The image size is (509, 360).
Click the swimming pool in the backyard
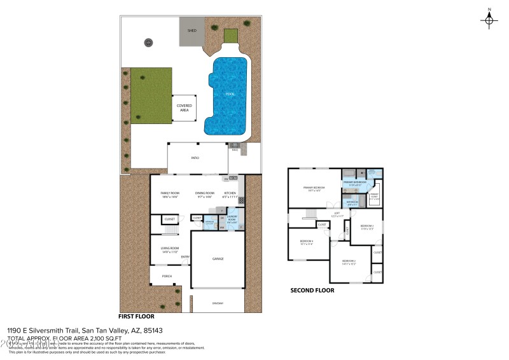pyautogui.click(x=228, y=95)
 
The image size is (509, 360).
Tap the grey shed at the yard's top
pyautogui.click(x=192, y=35)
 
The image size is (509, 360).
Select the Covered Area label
pyautogui.click(x=184, y=107)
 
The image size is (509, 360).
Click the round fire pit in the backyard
pyautogui.click(x=148, y=43)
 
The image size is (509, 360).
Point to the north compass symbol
pyautogui.click(x=489, y=20)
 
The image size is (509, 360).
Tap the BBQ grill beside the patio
pyautogui.click(x=235, y=146)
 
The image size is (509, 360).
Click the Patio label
pyautogui.click(x=195, y=156)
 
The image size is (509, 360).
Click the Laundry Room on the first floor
pyautogui.click(x=232, y=220)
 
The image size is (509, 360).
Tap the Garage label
pyautogui.click(x=218, y=258)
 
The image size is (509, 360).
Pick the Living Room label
pyautogui.click(x=169, y=249)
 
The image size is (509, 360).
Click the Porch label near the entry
pyautogui.click(x=167, y=276)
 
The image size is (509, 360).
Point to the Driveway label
pyautogui.click(x=218, y=303)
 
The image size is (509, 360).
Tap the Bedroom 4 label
pyautogui.click(x=307, y=241)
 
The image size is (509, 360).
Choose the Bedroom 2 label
pyautogui.click(x=349, y=261)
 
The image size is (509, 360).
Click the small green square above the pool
pyautogui.click(x=230, y=36)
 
